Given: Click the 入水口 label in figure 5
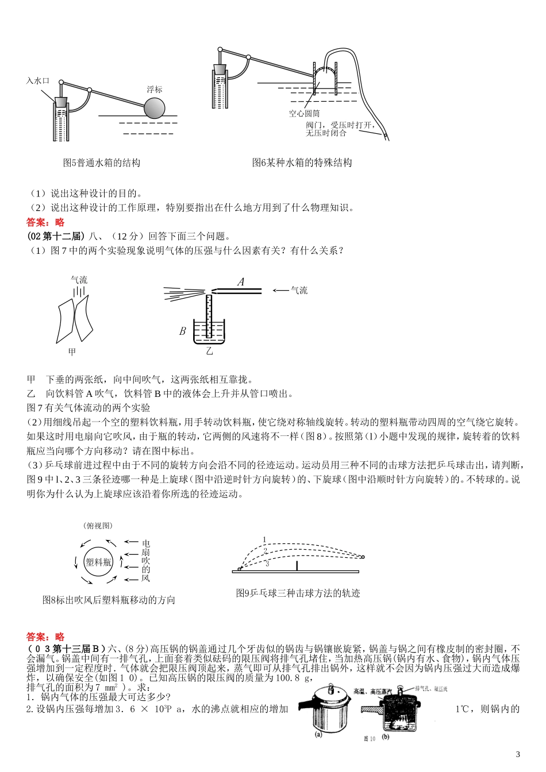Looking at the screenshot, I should [39, 82].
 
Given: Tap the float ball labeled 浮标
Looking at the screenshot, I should [154, 107].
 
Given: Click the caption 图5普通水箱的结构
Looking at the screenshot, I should [102, 163].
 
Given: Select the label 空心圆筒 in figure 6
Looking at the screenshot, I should [305, 114].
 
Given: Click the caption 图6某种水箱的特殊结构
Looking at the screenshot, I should [302, 163].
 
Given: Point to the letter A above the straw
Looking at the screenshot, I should [241, 281].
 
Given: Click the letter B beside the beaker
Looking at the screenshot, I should [183, 331].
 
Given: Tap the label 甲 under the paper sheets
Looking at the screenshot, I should [72, 352].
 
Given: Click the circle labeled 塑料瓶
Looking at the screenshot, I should [99, 562].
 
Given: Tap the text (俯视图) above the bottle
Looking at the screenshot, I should [98, 526].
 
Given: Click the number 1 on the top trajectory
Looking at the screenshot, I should [264, 539].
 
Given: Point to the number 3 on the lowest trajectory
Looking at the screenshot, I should [268, 564].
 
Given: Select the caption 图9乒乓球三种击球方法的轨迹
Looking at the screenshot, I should [298, 593].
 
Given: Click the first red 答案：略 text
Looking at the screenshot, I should [45, 223].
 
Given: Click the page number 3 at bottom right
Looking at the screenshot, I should [518, 754].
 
